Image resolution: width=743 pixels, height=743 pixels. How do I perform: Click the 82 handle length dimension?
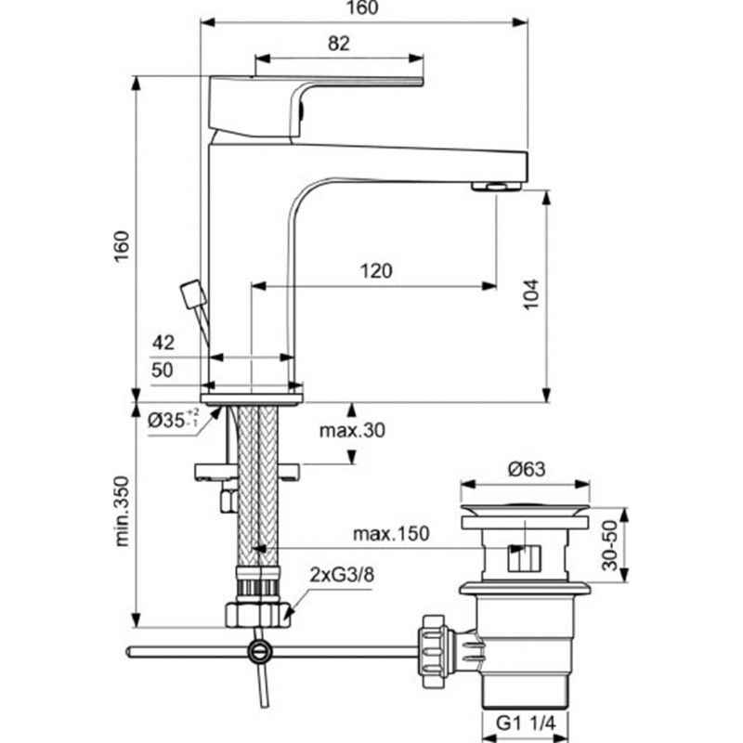pyautogui.click(x=339, y=44)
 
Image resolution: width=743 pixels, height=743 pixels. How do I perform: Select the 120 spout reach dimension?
pyautogui.click(x=376, y=271)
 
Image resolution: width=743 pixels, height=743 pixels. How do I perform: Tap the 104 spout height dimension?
pyautogui.click(x=531, y=294)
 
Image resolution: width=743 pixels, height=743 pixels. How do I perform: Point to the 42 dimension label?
pyautogui.click(x=163, y=342)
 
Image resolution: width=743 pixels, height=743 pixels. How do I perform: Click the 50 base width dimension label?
pyautogui.click(x=163, y=370)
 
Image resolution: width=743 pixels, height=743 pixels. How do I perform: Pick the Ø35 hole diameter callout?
pyautogui.click(x=173, y=419)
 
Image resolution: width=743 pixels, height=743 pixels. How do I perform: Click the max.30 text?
pyautogui.click(x=352, y=431)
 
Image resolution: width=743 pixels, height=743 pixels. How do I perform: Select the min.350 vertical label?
pyautogui.click(x=123, y=512)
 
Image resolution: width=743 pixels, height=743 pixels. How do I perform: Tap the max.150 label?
pyautogui.click(x=391, y=534)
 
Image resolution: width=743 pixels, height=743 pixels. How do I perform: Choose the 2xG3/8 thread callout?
pyautogui.click(x=342, y=575)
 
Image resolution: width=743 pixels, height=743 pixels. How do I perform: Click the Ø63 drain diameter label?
pyautogui.click(x=527, y=470)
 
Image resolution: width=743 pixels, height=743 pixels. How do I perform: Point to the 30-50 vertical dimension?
pyautogui.click(x=611, y=545)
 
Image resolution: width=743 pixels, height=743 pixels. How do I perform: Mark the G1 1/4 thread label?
pyautogui.click(x=525, y=723)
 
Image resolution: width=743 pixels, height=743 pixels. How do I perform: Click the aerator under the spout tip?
pyautogui.click(x=497, y=187)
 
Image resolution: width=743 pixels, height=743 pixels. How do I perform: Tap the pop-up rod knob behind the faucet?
pyautogui.click(x=193, y=294)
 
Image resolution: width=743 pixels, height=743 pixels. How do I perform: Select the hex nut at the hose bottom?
pyautogui.click(x=258, y=615)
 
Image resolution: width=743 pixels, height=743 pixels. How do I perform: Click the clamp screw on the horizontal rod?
pyautogui.click(x=260, y=652)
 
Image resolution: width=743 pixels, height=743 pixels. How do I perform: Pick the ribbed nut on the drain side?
pyautogui.click(x=434, y=651)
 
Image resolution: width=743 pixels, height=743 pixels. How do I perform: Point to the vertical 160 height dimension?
pyautogui.click(x=123, y=245)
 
